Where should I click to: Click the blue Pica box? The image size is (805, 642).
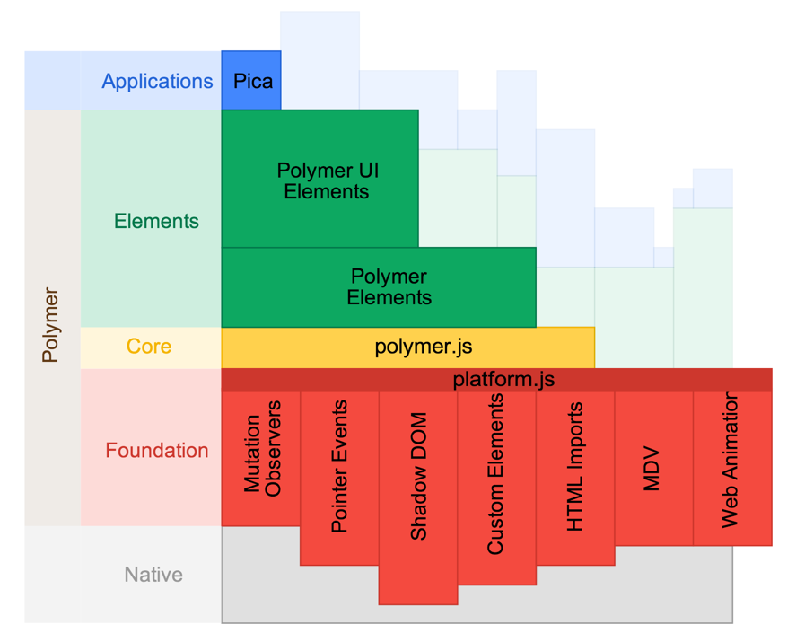251,81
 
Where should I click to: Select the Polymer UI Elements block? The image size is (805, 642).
320,180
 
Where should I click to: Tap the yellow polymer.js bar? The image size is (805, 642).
408,347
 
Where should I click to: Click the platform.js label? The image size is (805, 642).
503,380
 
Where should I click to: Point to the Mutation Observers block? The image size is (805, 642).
261,458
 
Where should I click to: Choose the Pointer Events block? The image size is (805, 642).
339,476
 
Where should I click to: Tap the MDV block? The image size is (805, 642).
652,467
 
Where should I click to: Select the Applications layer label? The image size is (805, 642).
157,81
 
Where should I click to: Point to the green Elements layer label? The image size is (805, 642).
156,221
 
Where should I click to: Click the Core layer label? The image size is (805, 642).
149,347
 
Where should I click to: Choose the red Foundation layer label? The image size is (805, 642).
157,451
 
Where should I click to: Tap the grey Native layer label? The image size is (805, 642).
153,575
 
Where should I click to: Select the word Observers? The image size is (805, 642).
274,447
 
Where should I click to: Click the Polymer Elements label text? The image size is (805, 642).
389,287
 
